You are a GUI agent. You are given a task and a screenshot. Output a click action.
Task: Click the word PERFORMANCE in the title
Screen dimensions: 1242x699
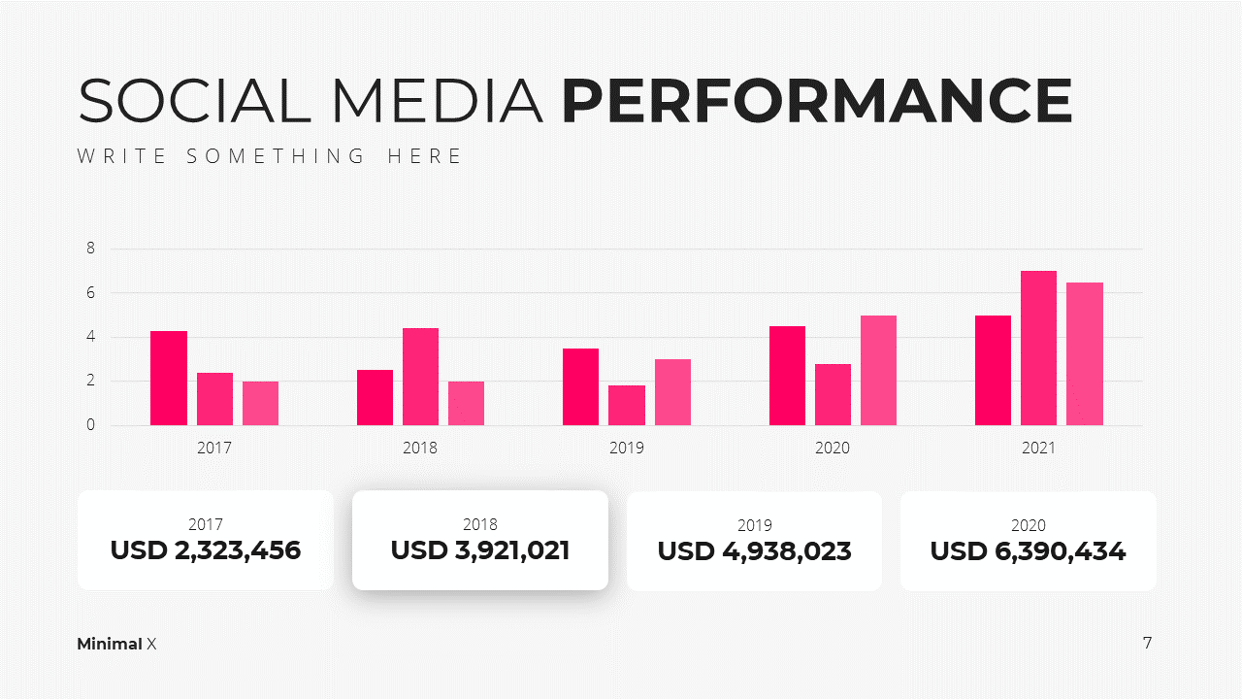point(817,100)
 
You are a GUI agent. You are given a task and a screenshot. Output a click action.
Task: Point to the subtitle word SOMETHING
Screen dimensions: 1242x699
point(276,156)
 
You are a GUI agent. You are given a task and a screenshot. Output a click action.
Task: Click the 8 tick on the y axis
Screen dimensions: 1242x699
point(90,248)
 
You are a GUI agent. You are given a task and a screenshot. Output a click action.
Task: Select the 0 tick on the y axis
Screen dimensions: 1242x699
point(90,425)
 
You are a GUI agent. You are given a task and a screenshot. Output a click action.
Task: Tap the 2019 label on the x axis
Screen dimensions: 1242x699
point(627,448)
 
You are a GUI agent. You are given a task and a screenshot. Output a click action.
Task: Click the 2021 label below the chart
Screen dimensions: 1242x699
point(1038,448)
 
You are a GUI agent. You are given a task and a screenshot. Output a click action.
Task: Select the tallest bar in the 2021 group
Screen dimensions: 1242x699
point(1038,348)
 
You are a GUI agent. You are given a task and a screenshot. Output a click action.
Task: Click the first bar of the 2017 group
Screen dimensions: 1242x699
point(169,379)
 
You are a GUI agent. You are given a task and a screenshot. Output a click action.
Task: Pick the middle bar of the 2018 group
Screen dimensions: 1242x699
point(420,377)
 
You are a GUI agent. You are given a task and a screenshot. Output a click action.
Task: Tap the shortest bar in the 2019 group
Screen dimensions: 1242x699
point(627,406)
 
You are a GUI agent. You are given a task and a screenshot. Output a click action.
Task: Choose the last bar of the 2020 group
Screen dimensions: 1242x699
point(878,371)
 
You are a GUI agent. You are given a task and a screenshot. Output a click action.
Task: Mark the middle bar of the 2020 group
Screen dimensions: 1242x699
point(833,394)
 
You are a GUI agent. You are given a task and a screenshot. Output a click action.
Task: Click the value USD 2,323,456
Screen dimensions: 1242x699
point(206,550)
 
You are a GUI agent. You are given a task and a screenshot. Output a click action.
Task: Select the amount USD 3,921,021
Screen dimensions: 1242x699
point(480,550)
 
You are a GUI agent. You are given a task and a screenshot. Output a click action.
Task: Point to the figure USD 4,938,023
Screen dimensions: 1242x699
point(754,551)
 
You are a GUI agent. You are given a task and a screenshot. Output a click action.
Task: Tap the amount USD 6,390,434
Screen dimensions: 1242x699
point(1028,551)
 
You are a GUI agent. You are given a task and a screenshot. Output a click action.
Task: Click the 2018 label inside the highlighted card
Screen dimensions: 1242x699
point(480,524)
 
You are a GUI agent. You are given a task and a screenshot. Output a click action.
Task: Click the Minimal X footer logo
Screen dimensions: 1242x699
point(116,644)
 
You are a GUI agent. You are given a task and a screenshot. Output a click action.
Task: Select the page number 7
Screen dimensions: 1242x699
point(1147,643)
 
